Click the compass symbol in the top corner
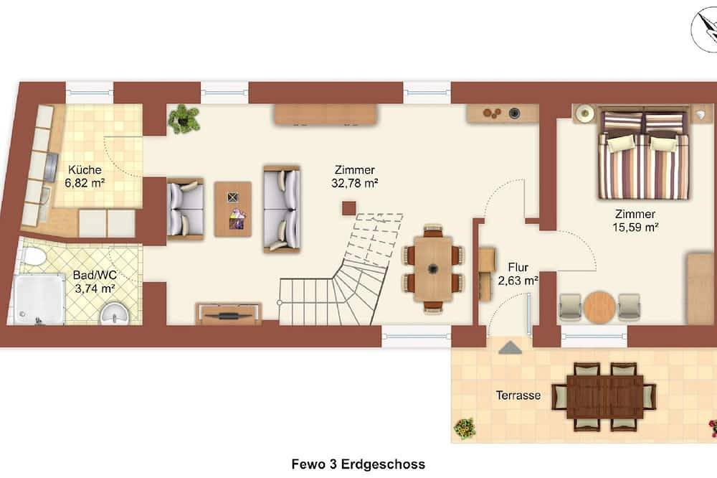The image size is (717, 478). click(703, 27)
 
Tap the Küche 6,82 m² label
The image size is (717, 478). click(87, 177)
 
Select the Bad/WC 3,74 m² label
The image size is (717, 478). click(94, 281)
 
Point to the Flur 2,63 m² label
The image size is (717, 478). click(518, 273)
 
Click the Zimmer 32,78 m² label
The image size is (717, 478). click(356, 177)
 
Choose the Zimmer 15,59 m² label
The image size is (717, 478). click(635, 220)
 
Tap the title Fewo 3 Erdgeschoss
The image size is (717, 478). click(358, 464)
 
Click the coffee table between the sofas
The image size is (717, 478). click(233, 209)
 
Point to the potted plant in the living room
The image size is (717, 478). click(184, 118)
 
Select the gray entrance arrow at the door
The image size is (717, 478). click(510, 347)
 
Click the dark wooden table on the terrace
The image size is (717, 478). click(604, 396)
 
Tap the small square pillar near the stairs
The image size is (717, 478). click(348, 208)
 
